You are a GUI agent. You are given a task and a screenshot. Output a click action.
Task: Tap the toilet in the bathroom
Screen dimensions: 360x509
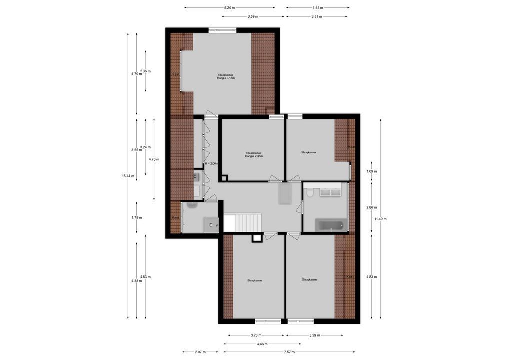click(310, 192)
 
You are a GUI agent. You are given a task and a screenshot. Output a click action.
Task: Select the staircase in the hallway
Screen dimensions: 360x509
click(242, 222)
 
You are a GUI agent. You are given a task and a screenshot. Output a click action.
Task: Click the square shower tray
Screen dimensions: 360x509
click(212, 225)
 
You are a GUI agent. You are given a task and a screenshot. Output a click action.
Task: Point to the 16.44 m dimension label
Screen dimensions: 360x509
click(128, 176)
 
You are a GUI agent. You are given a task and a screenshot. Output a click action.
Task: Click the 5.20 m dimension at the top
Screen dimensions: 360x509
click(229, 8)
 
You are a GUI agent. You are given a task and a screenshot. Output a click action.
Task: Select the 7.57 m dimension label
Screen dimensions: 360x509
click(289, 352)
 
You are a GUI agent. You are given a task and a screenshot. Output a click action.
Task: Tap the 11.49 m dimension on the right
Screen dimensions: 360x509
click(380, 219)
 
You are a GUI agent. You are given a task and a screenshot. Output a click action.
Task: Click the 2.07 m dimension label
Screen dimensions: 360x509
click(200, 352)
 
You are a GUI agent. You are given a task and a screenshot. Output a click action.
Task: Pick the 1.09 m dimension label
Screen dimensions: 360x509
click(371, 171)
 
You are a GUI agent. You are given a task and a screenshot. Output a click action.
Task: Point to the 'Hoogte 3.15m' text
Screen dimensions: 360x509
click(225, 78)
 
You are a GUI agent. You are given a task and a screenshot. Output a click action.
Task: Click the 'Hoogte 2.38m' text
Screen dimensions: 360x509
click(254, 156)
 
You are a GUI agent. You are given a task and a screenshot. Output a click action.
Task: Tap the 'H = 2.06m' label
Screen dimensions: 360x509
click(211, 163)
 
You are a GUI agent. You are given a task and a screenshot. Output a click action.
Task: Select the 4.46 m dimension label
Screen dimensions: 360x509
click(262, 344)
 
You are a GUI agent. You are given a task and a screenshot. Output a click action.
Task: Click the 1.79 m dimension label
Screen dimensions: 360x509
click(137, 217)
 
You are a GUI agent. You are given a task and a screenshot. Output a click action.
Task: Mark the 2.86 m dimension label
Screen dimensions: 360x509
click(371, 207)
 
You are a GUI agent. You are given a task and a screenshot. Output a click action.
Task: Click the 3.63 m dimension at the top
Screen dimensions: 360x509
click(317, 8)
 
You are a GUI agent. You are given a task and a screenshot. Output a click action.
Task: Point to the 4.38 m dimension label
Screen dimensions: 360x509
click(137, 281)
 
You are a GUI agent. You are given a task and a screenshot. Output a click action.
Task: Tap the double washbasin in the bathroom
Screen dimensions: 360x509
click(330, 192)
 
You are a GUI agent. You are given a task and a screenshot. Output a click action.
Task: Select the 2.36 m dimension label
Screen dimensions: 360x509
click(145, 71)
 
